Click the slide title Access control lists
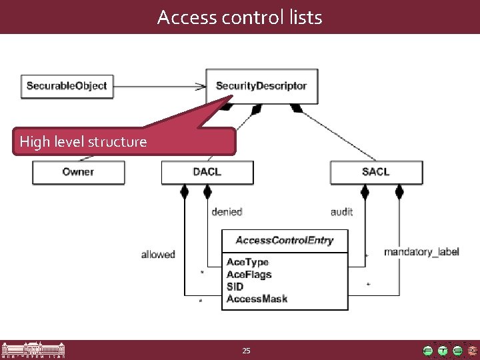coord(239,17)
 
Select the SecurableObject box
coord(66,86)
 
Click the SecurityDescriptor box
coord(261,86)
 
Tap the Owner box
coord(78,172)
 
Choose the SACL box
coord(375,172)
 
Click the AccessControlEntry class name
coord(285,241)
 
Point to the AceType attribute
coord(247,263)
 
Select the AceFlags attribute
coord(249,275)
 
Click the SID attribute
coord(235,287)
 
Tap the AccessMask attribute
coord(257,299)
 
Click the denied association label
coord(226,212)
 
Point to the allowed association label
coord(158,254)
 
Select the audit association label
coord(341,212)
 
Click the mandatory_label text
coord(421,252)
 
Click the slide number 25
coord(246,351)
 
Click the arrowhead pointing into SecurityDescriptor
coord(201,86)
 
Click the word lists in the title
coord(304,17)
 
